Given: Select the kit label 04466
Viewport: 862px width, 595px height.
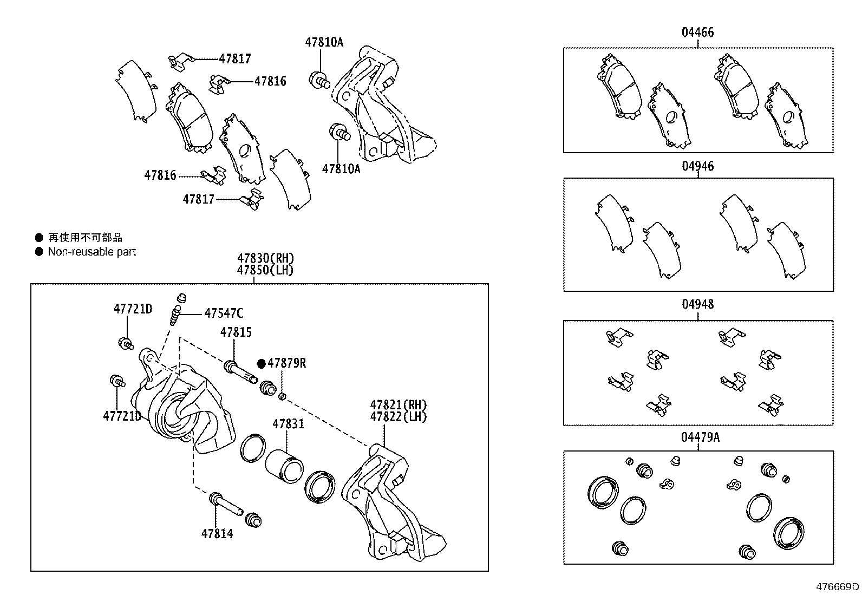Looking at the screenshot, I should coord(697,32).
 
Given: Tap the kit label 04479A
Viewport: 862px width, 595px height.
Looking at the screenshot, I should coord(700,437).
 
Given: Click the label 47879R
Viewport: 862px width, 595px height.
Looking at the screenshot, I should coord(287,363).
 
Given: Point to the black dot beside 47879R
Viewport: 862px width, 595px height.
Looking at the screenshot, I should coord(262,363).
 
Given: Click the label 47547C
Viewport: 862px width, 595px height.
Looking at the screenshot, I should coord(224,313).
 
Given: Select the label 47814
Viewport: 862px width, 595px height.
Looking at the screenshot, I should coord(217,534).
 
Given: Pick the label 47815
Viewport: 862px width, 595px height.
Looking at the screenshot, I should coord(236,332).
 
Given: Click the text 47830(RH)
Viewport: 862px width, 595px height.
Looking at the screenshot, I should coord(265,258).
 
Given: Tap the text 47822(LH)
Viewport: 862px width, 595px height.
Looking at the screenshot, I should coord(399,417).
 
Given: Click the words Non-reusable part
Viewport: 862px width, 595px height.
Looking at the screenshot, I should coord(92,252).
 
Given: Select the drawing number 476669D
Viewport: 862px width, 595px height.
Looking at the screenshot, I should coord(838,586).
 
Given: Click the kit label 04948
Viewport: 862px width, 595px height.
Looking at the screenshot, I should coord(697,304).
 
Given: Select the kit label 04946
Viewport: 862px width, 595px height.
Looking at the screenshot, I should coord(697,166).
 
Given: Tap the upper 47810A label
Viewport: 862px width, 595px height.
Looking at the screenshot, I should coord(324,42).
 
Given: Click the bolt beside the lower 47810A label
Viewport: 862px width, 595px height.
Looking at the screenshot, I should coord(339,132).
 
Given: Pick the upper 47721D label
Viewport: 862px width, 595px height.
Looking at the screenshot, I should coord(133,309).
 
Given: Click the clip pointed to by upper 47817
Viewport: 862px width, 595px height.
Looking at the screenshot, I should coord(179,61).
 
